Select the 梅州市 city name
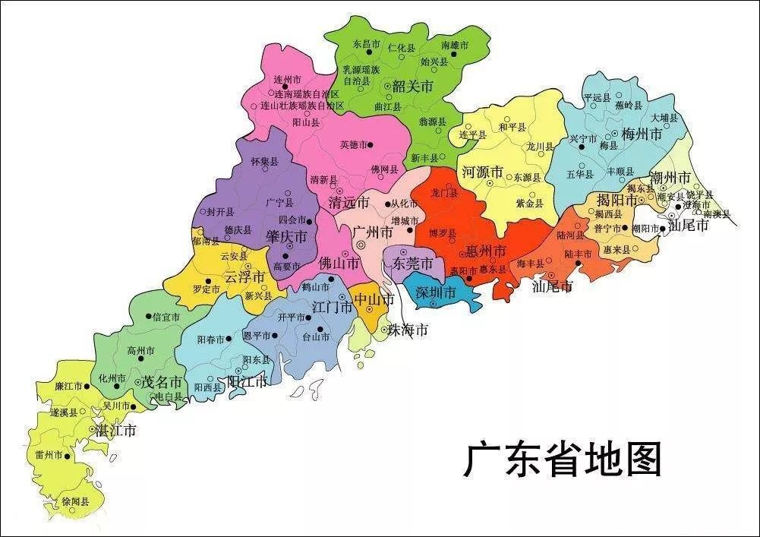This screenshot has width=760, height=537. [642, 134]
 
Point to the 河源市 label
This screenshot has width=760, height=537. [483, 172]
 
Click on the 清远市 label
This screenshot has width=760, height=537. [348, 203]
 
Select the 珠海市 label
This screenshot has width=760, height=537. [408, 330]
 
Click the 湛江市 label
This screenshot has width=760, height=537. [115, 431]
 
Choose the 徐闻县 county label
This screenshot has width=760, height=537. [75, 502]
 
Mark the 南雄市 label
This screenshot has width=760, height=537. [455, 46]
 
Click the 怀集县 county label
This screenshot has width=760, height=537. [264, 163]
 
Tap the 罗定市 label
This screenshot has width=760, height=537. [206, 289]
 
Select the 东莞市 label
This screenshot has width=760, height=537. [413, 264]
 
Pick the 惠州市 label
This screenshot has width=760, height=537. [487, 251]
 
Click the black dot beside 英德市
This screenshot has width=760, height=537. [370, 144]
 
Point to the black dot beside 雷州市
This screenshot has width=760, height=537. [68, 456]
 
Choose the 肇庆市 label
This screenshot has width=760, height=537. [285, 237]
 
